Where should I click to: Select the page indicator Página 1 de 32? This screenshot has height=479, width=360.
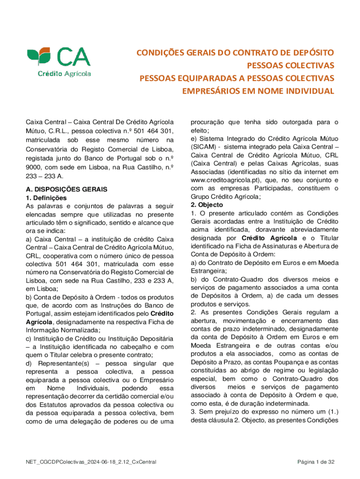316,463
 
